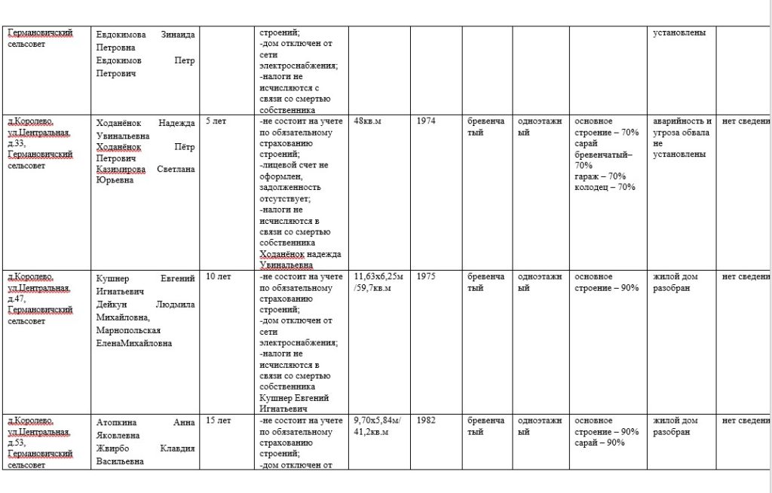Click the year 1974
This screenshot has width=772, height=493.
tap(425, 121)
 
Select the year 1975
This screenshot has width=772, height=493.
tap(425, 277)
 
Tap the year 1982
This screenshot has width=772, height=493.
tap(425, 421)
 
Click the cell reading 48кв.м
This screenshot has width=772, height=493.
tap(368, 121)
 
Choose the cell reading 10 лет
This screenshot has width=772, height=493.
tap(219, 277)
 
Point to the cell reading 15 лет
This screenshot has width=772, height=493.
tap(219, 421)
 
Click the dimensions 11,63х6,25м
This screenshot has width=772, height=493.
tap(378, 277)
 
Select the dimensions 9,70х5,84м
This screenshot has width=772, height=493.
tap(377, 421)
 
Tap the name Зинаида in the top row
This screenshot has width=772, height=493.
tap(178, 34)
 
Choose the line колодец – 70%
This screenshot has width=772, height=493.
tap(605, 187)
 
